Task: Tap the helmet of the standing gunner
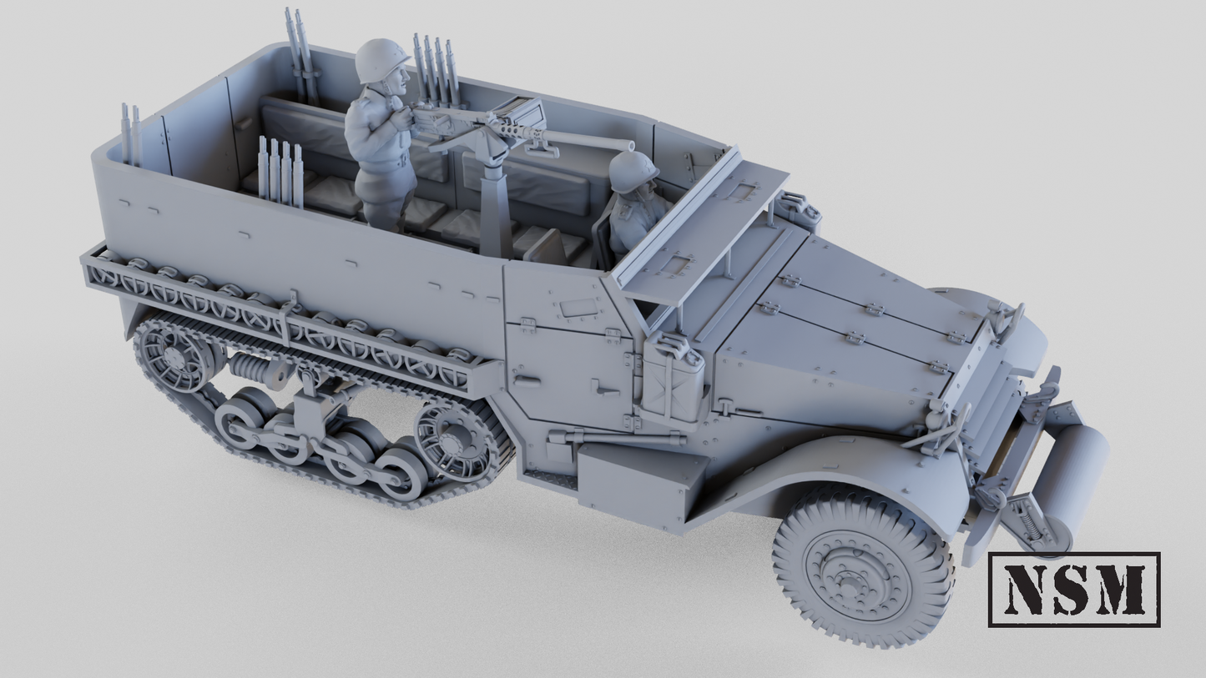(381, 59)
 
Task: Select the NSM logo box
(1073, 589)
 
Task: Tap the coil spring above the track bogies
(254, 368)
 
